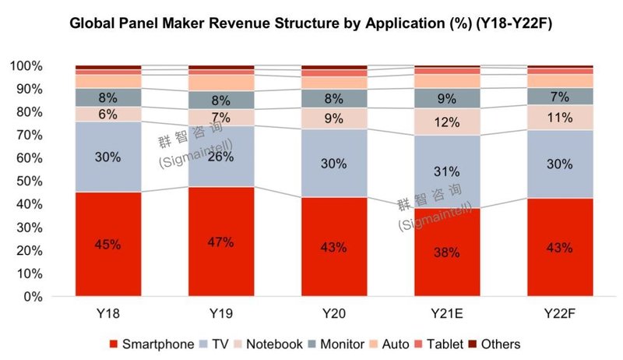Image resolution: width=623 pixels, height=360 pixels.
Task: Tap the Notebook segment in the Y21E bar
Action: (446, 122)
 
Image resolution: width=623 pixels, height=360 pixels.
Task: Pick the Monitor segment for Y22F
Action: (559, 96)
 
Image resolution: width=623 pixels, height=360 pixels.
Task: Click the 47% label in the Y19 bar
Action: (220, 242)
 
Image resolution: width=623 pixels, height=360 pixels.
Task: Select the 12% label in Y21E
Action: (446, 122)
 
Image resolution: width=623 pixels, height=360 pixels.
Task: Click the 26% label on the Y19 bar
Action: (220, 157)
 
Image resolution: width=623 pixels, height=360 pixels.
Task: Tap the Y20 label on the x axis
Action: (333, 313)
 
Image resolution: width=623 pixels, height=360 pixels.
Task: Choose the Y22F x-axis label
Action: (559, 313)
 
